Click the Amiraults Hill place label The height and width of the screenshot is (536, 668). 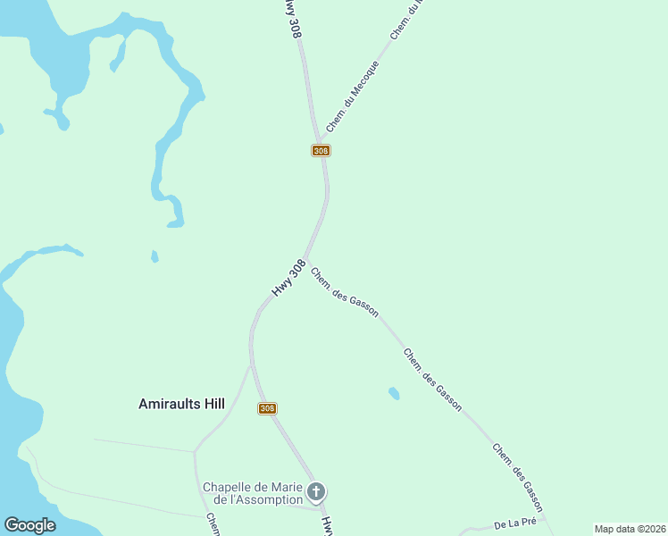[181, 404]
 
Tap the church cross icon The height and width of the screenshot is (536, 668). [315, 491]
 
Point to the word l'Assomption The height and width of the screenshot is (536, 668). [265, 499]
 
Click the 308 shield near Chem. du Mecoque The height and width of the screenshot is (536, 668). [321, 151]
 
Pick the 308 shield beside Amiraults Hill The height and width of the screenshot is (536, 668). [267, 408]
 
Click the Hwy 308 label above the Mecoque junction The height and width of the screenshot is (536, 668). [290, 18]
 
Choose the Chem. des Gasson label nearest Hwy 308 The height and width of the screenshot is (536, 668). [345, 292]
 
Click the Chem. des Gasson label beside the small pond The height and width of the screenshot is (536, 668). [432, 380]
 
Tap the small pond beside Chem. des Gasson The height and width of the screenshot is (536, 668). [394, 392]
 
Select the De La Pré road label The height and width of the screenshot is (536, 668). [514, 523]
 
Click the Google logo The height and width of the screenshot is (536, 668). [29, 525]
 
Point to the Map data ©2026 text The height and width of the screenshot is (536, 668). [630, 529]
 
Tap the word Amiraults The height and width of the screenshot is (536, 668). [168, 404]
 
